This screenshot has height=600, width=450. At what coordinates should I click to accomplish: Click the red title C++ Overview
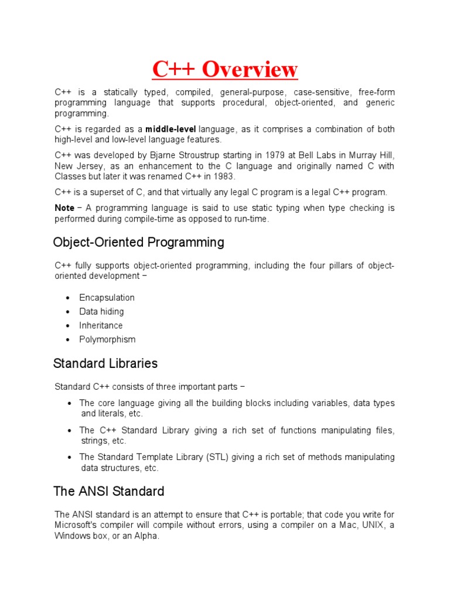click(x=225, y=69)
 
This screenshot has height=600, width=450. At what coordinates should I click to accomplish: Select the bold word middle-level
click(x=171, y=129)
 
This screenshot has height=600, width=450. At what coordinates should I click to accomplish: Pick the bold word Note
click(x=64, y=208)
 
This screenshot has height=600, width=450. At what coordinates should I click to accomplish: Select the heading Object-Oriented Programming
click(x=138, y=242)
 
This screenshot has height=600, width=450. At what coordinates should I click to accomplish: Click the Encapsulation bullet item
click(x=107, y=298)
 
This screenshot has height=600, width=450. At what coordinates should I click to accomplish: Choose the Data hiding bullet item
click(x=101, y=312)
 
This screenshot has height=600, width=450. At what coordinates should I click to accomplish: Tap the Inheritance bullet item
click(x=101, y=325)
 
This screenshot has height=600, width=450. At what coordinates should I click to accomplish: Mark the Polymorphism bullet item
click(x=107, y=339)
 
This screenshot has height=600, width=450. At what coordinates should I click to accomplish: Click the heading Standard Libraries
click(x=105, y=363)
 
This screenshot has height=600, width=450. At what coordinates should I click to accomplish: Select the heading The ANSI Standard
click(x=108, y=491)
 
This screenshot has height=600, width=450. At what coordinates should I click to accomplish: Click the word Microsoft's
click(x=79, y=525)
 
